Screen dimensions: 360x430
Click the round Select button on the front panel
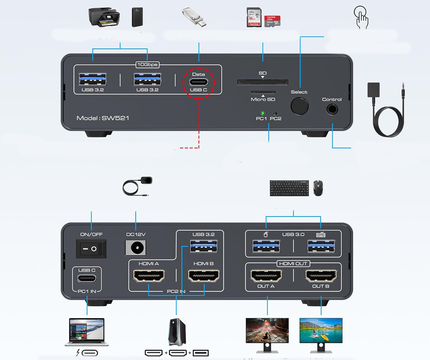click(300, 106)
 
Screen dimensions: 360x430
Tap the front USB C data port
click(198, 82)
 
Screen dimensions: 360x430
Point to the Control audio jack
click(332, 109)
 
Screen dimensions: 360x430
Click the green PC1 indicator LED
click(263, 113)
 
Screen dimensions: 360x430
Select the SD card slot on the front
click(263, 82)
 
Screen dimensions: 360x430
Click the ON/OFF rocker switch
click(91, 249)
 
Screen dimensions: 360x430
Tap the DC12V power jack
click(136, 248)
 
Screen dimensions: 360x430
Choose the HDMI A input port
click(149, 276)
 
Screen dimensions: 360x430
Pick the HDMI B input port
click(204, 276)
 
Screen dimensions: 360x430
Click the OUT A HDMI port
click(266, 276)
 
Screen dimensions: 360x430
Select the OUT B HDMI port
click(321, 276)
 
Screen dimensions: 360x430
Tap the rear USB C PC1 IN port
click(87, 278)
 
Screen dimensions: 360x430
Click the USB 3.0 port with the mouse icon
click(266, 246)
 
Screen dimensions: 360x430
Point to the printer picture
click(104, 17)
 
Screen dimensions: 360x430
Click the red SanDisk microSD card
click(272, 21)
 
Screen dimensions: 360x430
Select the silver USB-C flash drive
click(194, 17)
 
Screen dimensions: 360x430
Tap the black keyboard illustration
click(289, 188)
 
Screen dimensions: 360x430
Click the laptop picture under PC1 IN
click(87, 332)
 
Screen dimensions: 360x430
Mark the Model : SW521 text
click(103, 118)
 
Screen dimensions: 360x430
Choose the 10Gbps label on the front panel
click(147, 65)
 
